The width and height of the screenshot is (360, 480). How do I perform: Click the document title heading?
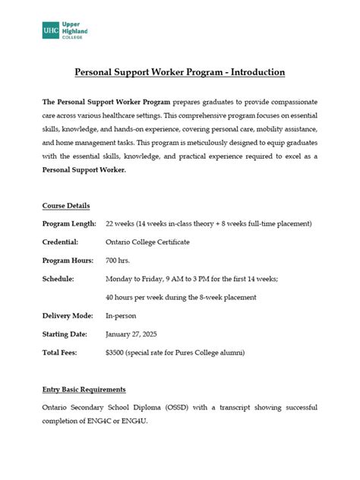coord(179,72)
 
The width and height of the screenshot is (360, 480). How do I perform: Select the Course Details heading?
coord(66,206)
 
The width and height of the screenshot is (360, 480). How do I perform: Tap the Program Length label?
coord(69,224)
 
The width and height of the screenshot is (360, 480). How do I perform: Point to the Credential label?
coord(61,242)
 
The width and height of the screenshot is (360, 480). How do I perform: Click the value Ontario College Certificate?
coord(147,242)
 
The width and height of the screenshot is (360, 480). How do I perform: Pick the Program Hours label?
coord(68,261)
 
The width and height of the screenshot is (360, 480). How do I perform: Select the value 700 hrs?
coord(118,261)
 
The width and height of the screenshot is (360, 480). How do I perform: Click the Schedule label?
coord(58,279)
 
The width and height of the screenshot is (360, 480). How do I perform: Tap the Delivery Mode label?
coord(68,315)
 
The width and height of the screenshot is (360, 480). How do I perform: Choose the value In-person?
coord(121,315)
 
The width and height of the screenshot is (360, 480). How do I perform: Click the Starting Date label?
coord(66,333)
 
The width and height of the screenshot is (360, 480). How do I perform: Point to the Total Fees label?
coord(61,352)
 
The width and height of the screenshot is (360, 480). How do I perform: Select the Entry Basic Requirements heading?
coord(84,390)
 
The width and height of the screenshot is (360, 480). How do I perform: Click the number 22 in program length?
coord(110,224)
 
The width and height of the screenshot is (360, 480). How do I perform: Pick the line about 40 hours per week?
coord(181,297)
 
